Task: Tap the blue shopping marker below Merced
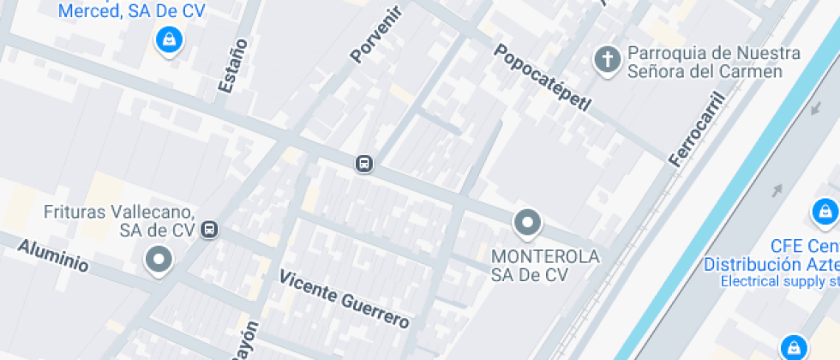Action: click(168, 39)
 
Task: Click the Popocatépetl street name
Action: click(542, 78)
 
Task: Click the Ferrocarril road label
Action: click(696, 129)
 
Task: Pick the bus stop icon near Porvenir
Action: click(364, 164)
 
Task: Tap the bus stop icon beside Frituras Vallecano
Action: click(209, 230)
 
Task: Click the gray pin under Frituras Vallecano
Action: click(158, 259)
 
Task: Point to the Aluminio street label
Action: click(53, 255)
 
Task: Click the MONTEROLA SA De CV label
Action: click(545, 265)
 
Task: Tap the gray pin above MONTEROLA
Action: click(527, 223)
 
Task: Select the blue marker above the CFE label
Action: click(824, 211)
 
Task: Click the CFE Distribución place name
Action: click(771, 255)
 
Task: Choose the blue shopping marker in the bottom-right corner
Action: click(794, 346)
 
